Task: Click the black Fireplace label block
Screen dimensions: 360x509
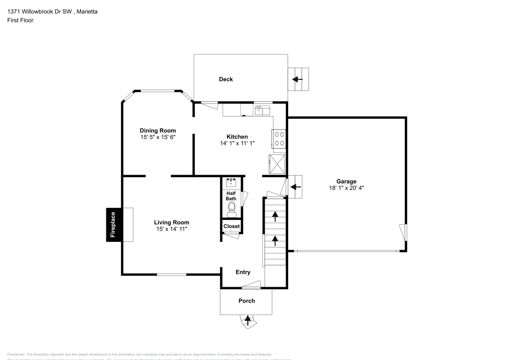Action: (x=113, y=225)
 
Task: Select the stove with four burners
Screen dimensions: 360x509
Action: (x=279, y=139)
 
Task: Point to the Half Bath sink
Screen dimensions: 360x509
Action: (x=232, y=182)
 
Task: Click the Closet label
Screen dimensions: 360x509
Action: (x=232, y=226)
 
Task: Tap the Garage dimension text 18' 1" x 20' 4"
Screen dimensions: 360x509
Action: (x=346, y=188)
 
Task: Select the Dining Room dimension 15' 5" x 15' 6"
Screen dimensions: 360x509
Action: (x=158, y=137)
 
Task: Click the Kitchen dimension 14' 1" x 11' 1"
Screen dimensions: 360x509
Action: (x=237, y=144)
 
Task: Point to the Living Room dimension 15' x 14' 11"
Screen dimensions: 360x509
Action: (x=172, y=229)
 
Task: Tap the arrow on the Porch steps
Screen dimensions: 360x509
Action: (x=248, y=320)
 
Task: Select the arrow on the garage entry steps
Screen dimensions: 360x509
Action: (x=295, y=187)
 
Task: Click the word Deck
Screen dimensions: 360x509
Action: (x=226, y=79)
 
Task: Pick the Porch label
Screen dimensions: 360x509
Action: (x=247, y=300)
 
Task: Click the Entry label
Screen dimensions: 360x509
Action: (x=243, y=272)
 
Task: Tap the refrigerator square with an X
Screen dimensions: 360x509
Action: (x=278, y=164)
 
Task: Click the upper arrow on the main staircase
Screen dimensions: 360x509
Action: (x=275, y=216)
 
